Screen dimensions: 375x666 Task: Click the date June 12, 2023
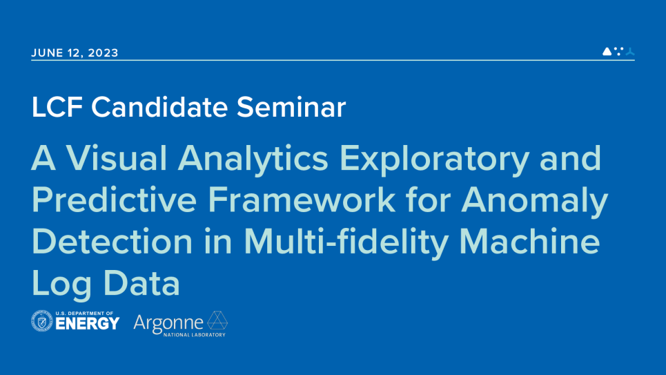[x=75, y=53]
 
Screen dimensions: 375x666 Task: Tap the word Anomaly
[x=534, y=201]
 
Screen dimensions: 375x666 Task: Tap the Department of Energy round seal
[x=42, y=321]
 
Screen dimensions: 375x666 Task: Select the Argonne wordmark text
[x=168, y=323]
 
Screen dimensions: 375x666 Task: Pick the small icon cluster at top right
[x=618, y=51]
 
